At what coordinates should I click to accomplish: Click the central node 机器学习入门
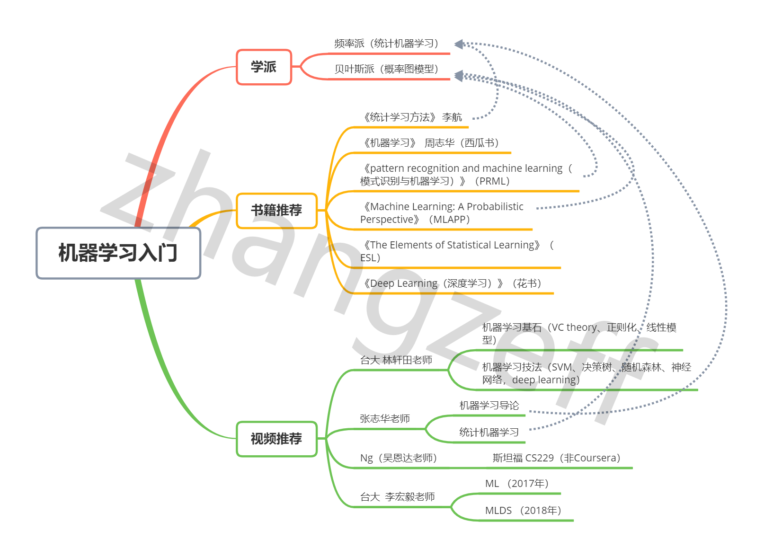coord(118,253)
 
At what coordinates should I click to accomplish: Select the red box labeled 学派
coord(264,67)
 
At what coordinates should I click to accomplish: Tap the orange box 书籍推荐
coord(276,211)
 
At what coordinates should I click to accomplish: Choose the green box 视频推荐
coord(276,439)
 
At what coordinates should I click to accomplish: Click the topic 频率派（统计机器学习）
coord(386,44)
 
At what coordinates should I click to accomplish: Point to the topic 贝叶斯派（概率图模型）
coord(386,69)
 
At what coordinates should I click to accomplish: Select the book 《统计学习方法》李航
coord(412,117)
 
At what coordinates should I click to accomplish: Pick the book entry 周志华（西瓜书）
coord(462,143)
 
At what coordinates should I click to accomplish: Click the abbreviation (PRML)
coord(492,181)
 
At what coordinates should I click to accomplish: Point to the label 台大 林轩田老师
coord(396,360)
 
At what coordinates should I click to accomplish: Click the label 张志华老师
coord(385,419)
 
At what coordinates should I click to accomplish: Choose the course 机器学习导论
coord(489,406)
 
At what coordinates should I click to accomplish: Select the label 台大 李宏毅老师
coord(398,497)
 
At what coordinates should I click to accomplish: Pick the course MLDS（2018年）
coord(523,511)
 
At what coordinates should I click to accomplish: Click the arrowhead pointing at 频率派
coord(458,44)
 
